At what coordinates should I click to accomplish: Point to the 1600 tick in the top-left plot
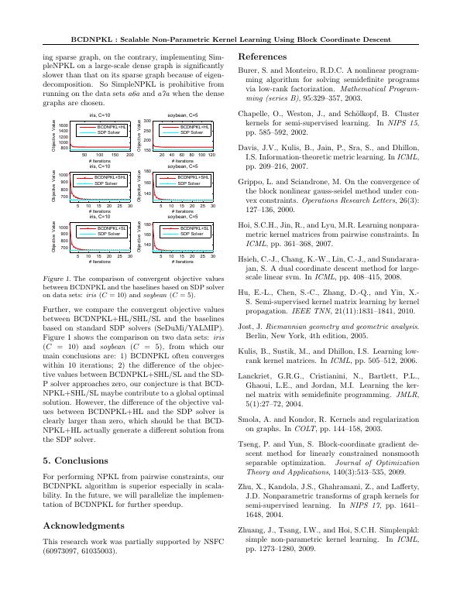(64, 125)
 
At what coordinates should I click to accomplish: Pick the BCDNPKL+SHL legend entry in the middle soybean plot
(194, 178)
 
